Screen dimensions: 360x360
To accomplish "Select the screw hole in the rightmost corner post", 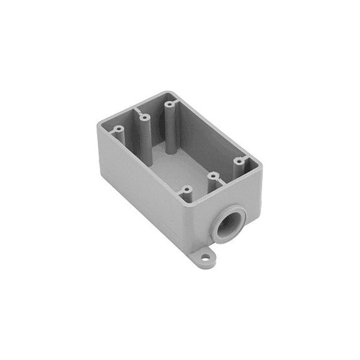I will tap(238, 161).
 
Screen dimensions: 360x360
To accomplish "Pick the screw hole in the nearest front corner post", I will tap(187, 190).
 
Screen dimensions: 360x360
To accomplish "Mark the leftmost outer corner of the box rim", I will tap(98, 124).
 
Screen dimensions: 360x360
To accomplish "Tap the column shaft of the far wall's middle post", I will tap(145, 133).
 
